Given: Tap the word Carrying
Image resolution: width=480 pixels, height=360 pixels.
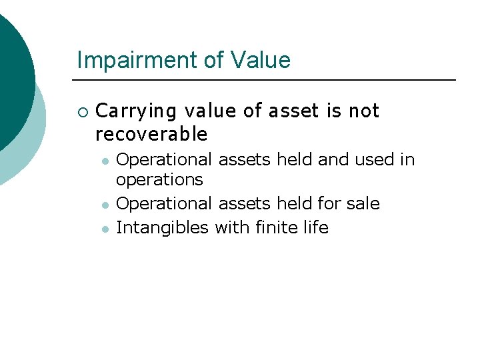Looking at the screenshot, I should (137, 111).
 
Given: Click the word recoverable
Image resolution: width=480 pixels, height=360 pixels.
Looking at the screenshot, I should (151, 134).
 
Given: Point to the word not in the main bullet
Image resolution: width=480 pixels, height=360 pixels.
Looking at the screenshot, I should (364, 111).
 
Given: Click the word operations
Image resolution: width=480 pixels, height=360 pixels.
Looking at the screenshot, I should (159, 179).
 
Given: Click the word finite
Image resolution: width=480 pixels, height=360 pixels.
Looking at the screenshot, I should (276, 227).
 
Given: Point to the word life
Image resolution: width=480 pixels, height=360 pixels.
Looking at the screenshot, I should (315, 227).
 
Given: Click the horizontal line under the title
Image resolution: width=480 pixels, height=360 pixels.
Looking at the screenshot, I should (267, 80).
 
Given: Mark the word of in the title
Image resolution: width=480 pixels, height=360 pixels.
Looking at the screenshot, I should (214, 60).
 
